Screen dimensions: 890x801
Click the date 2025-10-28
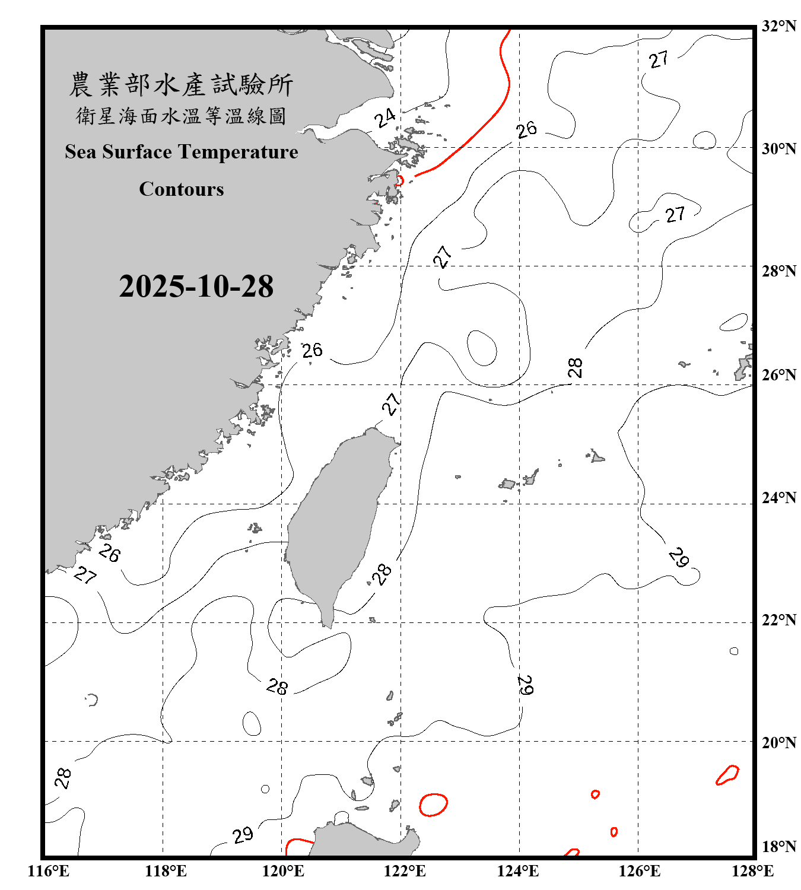tap(196, 287)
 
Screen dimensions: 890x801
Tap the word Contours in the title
tap(182, 189)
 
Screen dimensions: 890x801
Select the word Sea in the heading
tap(81, 152)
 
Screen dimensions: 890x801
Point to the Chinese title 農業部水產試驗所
tap(181, 85)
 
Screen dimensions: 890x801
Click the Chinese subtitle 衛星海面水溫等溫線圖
tap(181, 116)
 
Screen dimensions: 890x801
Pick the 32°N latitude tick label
tap(778, 26)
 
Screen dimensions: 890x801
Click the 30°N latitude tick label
tap(778, 149)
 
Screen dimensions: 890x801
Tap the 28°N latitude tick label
tap(778, 271)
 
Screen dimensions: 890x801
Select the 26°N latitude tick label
tap(778, 375)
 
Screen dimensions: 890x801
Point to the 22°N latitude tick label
tap(778, 620)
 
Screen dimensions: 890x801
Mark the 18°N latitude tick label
tap(778, 847)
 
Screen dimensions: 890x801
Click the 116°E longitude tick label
tap(49, 871)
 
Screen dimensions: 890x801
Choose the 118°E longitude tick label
tap(166, 871)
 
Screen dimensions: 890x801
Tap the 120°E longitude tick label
tap(283, 871)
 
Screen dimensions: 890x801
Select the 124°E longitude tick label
tap(518, 871)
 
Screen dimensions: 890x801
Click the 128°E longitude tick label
tap(752, 871)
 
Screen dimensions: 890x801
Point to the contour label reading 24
tap(385, 118)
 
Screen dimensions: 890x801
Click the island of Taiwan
tap(338, 522)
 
